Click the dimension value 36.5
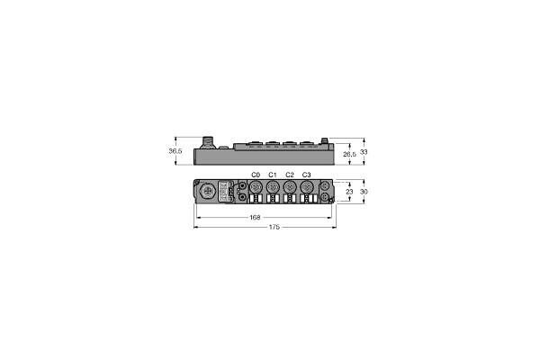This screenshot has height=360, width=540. (x=175, y=151)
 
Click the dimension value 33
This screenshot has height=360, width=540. (x=364, y=151)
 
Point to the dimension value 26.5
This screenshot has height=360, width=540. (x=350, y=156)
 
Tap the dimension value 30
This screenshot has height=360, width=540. (x=364, y=192)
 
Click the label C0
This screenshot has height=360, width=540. (x=255, y=174)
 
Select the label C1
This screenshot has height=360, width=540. (x=272, y=174)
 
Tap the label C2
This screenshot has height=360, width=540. (x=289, y=174)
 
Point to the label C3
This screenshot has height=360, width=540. (x=306, y=174)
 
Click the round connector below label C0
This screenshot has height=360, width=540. (x=255, y=188)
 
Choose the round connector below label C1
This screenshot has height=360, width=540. (x=272, y=188)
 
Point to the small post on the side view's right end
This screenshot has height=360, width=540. (x=326, y=142)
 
